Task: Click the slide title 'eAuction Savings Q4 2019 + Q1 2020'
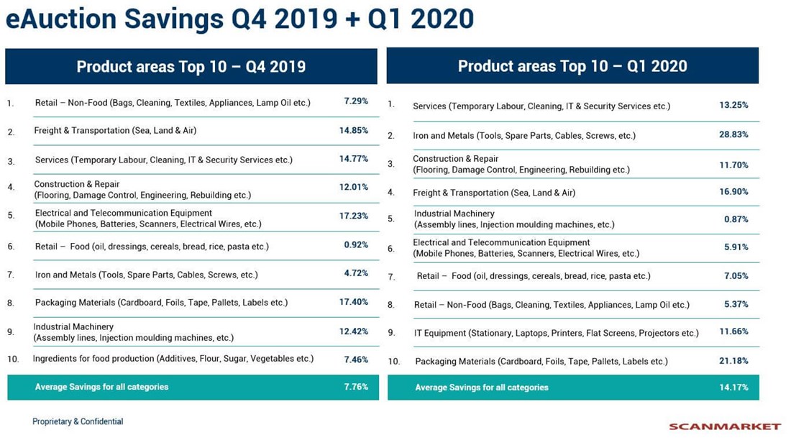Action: [239, 19]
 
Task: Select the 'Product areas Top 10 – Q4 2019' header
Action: [191, 67]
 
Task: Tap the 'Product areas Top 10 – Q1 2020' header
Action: [572, 66]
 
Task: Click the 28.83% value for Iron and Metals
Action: [733, 135]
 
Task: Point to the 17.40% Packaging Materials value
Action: [354, 303]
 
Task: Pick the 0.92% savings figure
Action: [356, 246]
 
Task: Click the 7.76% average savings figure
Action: [356, 387]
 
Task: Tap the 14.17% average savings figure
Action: [733, 388]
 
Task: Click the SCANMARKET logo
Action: [724, 426]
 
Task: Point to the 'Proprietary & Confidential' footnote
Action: [78, 421]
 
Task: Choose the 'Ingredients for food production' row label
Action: [173, 358]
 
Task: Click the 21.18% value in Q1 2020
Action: [733, 361]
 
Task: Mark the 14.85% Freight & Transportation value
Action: [354, 130]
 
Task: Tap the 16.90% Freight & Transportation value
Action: [733, 192]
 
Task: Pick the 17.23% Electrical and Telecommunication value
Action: [354, 216]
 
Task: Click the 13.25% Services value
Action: [733, 105]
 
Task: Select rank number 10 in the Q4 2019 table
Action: [12, 359]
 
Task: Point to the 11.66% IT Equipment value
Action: [733, 332]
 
